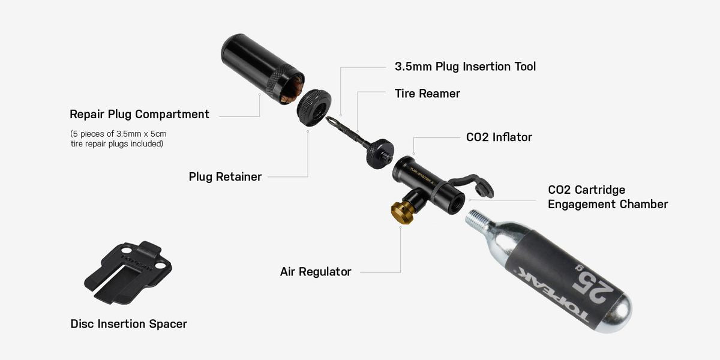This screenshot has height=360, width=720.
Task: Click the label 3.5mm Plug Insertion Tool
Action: point(465,67)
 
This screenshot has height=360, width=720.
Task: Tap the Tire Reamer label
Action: point(427,94)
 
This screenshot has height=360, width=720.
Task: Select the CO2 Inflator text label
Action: point(499,137)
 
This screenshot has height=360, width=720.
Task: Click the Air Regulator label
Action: point(316,272)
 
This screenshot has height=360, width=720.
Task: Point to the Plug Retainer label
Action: point(225,177)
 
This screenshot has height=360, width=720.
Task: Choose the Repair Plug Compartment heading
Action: point(139,114)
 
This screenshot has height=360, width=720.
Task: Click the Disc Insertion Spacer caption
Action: point(128,324)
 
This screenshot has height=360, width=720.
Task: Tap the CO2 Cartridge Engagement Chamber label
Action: point(607,197)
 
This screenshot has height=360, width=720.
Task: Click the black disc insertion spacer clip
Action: point(127,271)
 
